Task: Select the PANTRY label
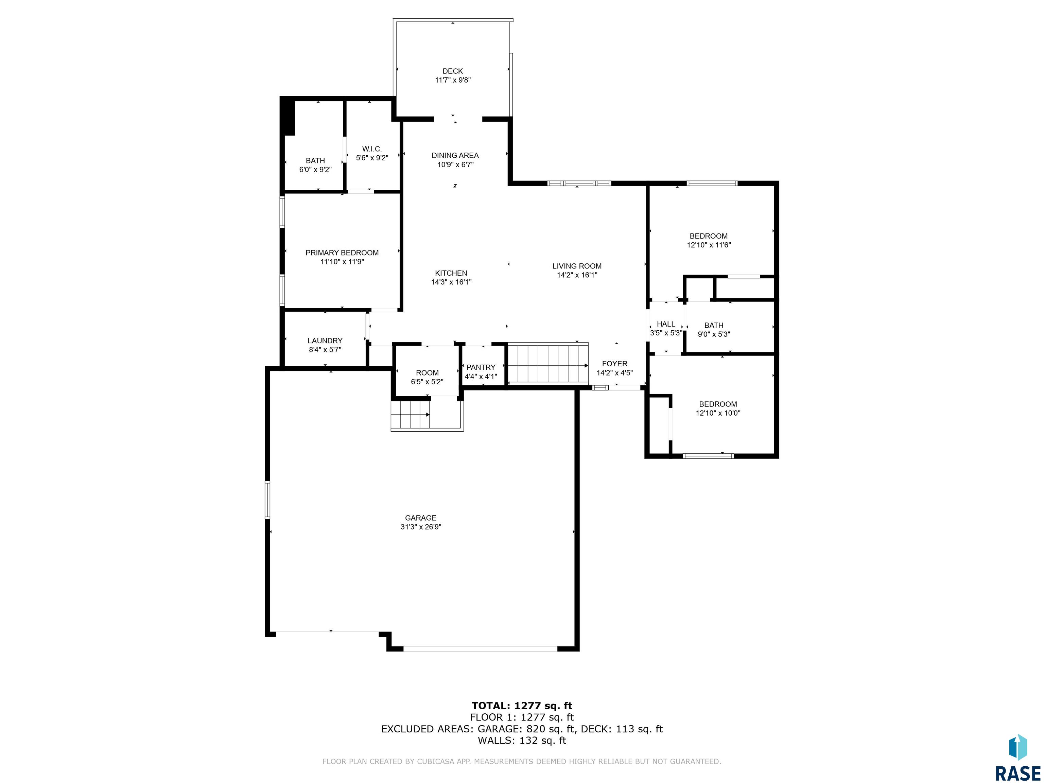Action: pyautogui.click(x=481, y=367)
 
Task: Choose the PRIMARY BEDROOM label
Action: pyautogui.click(x=342, y=253)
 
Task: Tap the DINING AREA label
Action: pyautogui.click(x=455, y=155)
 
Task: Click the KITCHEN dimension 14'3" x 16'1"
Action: pyautogui.click(x=451, y=282)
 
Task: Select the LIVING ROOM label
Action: pyautogui.click(x=577, y=266)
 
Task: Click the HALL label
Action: pyautogui.click(x=666, y=324)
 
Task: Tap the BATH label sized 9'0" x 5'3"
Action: pyautogui.click(x=714, y=325)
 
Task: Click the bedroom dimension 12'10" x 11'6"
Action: pyautogui.click(x=709, y=245)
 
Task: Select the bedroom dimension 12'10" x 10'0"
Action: pyautogui.click(x=718, y=413)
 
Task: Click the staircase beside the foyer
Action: pyautogui.click(x=547, y=363)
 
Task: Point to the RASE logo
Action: pyautogui.click(x=1017, y=758)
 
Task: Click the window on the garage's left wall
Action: pyautogui.click(x=267, y=500)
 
